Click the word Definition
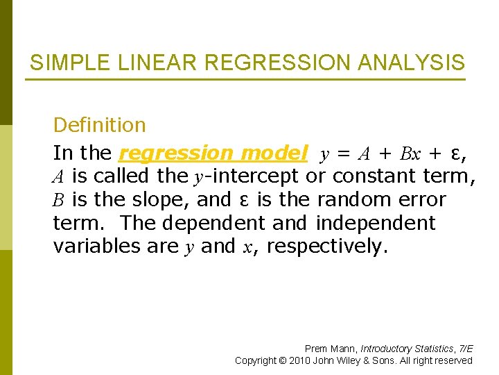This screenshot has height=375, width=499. click(x=99, y=125)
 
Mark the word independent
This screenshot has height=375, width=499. click(x=375, y=224)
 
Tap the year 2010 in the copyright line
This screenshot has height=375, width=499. click(x=299, y=360)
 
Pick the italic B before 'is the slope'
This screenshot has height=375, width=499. click(x=59, y=201)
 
